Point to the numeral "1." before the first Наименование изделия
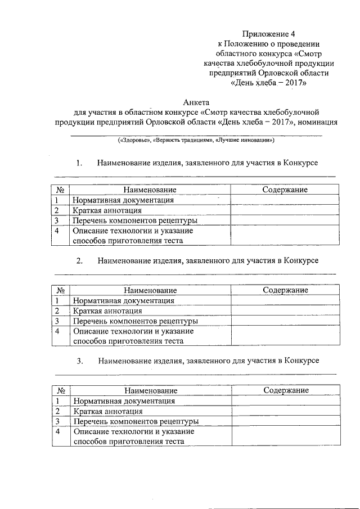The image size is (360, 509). tap(79, 163)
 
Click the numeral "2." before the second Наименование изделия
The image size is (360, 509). tap(79, 261)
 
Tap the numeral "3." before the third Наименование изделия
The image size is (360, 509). tap(80, 360)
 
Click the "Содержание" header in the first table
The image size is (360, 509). tap(285, 190)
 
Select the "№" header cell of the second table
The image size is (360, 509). tap(61, 290)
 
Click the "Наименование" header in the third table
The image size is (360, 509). tap(151, 390)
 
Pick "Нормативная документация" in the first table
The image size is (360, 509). tap(122, 200)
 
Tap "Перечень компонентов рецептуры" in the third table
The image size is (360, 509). tap(136, 421)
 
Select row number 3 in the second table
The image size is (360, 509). tap(57, 321)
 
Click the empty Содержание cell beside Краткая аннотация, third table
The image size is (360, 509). tap(286, 411)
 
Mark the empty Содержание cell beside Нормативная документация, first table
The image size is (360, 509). tap(285, 200)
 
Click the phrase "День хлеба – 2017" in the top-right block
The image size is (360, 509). tap(269, 82)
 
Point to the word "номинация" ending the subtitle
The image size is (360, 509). tap(317, 123)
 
